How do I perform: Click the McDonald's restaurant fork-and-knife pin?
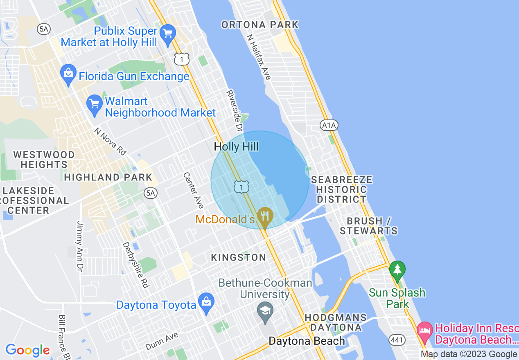[265, 215]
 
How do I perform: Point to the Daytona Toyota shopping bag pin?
[206, 303]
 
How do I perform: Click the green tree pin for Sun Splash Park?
[397, 270]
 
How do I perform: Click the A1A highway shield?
[329, 125]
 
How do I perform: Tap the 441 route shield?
[397, 340]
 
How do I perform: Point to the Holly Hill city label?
[237, 146]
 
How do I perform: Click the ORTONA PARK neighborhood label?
[260, 25]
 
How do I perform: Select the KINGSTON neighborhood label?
[238, 257]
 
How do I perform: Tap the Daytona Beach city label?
[307, 341]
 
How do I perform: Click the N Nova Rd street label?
[110, 142]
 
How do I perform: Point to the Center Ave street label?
[193, 190]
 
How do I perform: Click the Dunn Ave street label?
[162, 341]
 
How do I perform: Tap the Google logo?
[27, 350]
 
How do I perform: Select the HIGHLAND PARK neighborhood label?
[108, 177]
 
